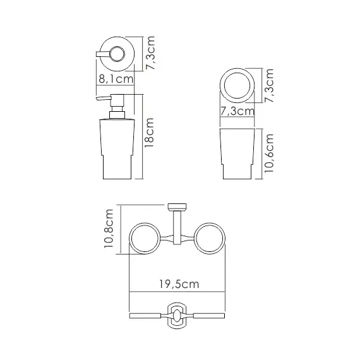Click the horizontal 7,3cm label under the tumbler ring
coord(237,111)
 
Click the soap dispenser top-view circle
coord(116,55)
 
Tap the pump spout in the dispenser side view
coord(104,99)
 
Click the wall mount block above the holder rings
coord(177,207)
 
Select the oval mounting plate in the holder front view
coord(177,315)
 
